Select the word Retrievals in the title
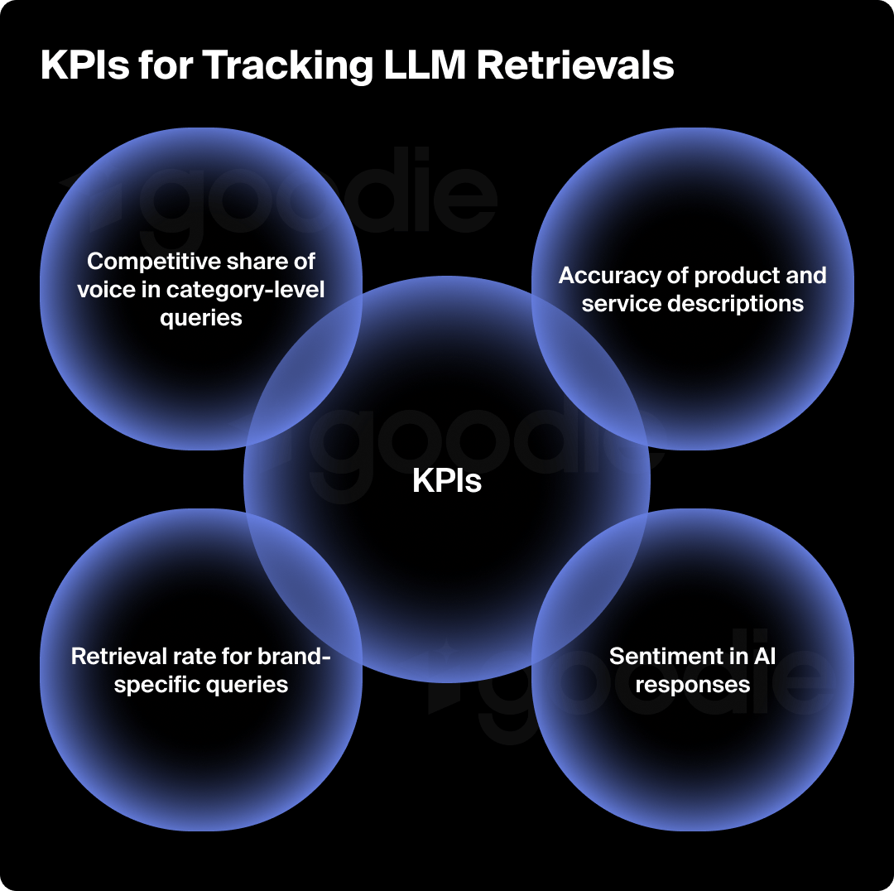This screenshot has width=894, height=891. pyautogui.click(x=576, y=66)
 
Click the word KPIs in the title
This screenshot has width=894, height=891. pyautogui.click(x=84, y=66)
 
